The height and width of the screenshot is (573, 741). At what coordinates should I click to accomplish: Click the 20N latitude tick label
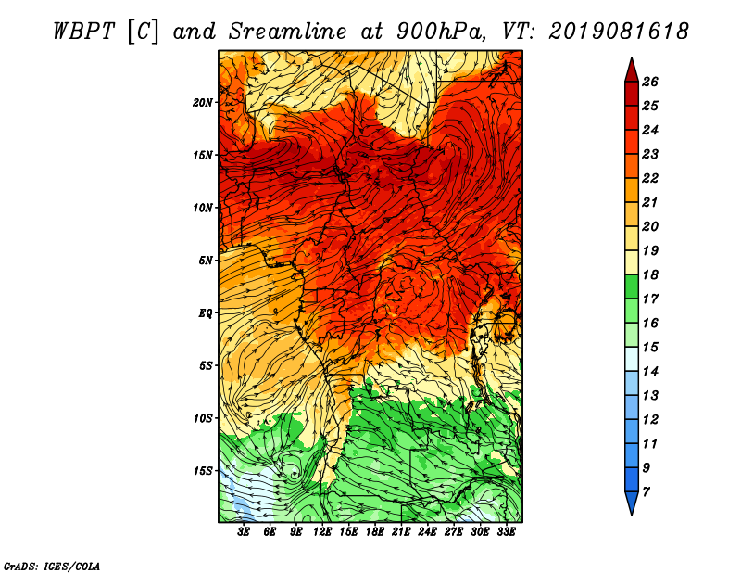(203, 103)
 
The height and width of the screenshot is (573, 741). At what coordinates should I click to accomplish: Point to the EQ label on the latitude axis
(206, 313)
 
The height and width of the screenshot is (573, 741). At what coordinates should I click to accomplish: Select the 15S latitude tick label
(203, 471)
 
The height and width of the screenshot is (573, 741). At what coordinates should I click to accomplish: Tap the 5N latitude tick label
(206, 261)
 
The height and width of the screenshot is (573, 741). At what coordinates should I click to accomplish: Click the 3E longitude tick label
(244, 532)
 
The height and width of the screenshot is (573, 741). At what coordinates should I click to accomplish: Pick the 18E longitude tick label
(375, 532)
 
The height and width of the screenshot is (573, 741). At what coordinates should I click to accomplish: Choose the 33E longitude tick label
(506, 532)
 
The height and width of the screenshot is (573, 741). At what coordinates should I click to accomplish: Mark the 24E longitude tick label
(427, 532)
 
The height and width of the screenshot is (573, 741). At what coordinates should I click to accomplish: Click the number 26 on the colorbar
(650, 82)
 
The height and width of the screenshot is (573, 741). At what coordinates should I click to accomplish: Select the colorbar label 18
(650, 274)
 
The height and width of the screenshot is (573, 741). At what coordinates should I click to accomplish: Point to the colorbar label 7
(646, 492)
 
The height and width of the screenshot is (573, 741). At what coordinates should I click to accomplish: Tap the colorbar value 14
(650, 372)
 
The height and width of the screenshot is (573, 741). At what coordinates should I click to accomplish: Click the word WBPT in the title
(83, 32)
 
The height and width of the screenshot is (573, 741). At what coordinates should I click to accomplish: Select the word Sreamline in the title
(287, 32)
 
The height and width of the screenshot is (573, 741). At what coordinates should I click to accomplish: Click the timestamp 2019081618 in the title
(619, 32)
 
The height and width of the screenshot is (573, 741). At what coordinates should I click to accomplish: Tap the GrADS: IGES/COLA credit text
(52, 567)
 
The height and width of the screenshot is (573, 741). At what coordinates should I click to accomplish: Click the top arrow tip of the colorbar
(632, 57)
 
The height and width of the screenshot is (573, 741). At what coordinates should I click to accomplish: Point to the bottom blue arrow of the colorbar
(632, 503)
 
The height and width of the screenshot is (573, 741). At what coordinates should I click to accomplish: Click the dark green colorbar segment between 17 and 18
(632, 286)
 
